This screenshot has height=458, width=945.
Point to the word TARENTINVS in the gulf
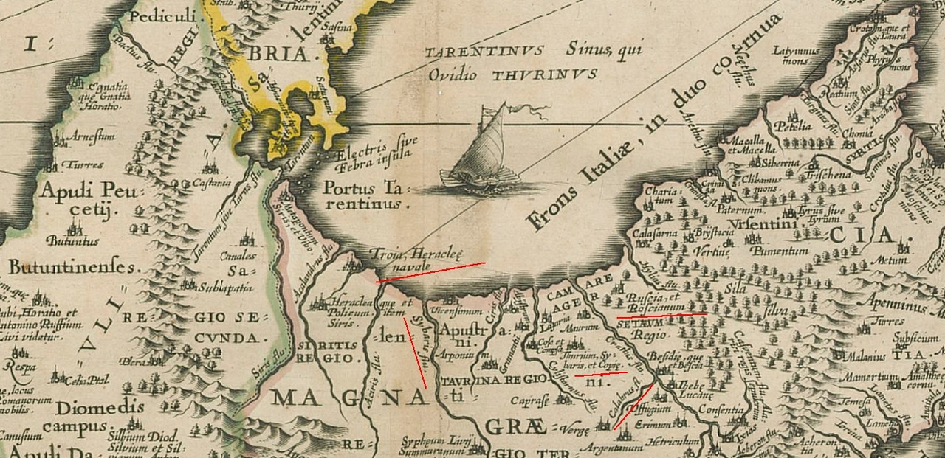(x=484, y=51)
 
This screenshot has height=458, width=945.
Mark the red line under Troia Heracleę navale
(x=430, y=271)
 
